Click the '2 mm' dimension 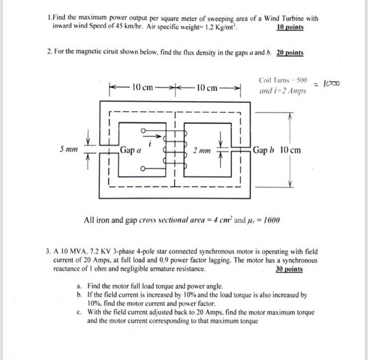(x=201, y=151)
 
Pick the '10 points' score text (x=290, y=27)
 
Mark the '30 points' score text (x=289, y=269)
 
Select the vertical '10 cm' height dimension (x=289, y=150)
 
